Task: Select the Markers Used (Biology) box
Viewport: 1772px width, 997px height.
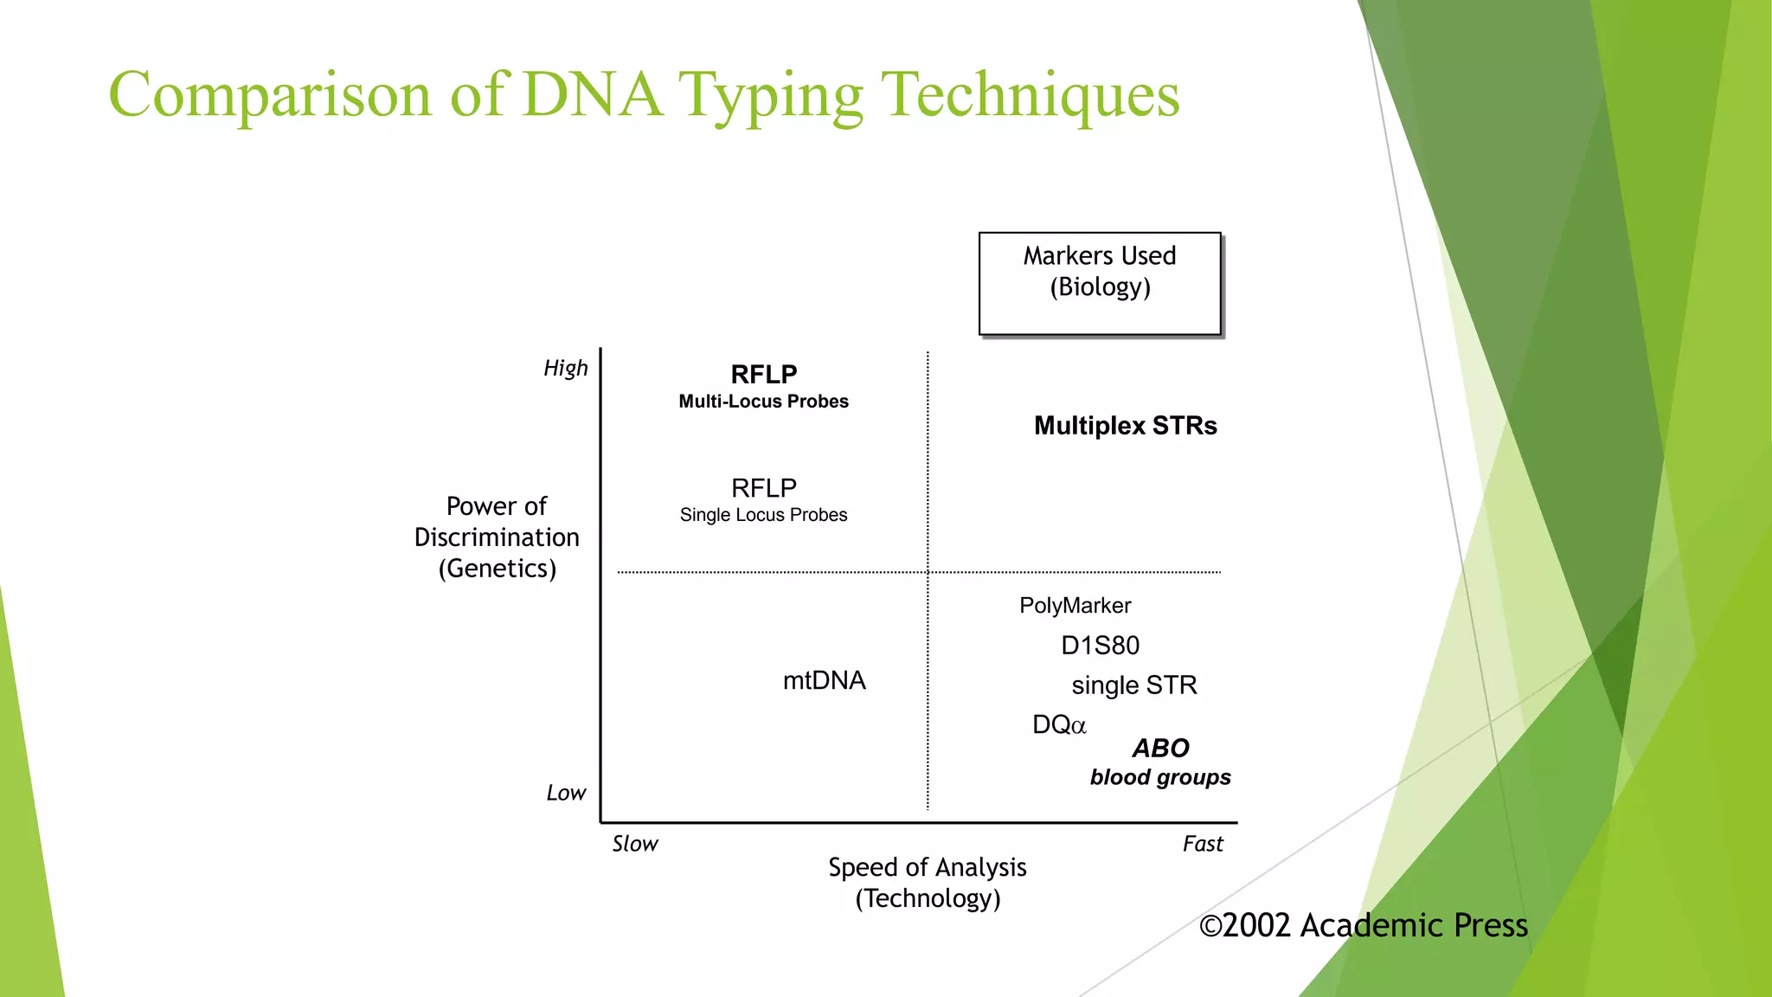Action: click(1100, 284)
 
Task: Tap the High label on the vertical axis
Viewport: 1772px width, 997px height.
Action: click(566, 369)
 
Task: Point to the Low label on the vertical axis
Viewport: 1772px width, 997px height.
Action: click(566, 793)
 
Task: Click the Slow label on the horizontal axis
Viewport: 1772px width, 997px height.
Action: click(635, 844)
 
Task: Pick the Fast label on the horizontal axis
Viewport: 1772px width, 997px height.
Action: click(1203, 844)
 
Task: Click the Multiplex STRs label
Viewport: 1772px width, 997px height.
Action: click(1125, 426)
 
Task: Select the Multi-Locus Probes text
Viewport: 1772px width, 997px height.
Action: click(763, 402)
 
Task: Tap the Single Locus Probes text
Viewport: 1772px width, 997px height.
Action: click(763, 515)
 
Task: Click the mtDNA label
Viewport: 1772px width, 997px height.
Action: click(824, 680)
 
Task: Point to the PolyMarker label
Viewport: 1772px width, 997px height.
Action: click(1075, 606)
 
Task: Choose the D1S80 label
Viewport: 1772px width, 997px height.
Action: click(1100, 646)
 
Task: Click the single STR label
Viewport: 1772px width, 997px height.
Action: click(1133, 685)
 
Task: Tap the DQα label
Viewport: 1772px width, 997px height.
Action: click(1059, 725)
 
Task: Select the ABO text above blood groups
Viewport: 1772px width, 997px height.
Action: click(1160, 748)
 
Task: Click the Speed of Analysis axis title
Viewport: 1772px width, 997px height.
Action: click(927, 867)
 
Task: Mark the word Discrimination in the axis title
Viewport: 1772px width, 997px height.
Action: click(497, 537)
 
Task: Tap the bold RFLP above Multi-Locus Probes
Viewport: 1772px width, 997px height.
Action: click(763, 375)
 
